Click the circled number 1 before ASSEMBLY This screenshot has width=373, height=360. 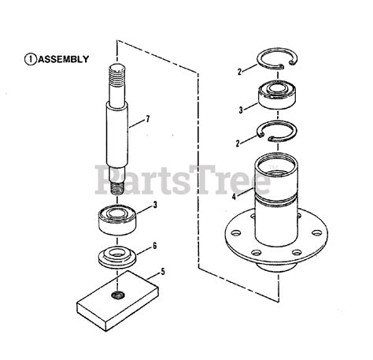tap(31, 58)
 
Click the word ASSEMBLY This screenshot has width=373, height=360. tap(64, 58)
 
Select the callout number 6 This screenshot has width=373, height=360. tap(154, 245)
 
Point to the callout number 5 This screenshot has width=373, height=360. tap(162, 272)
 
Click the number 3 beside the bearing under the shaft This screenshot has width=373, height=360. tap(156, 205)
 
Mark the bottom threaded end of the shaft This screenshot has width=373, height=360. tap(119, 187)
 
